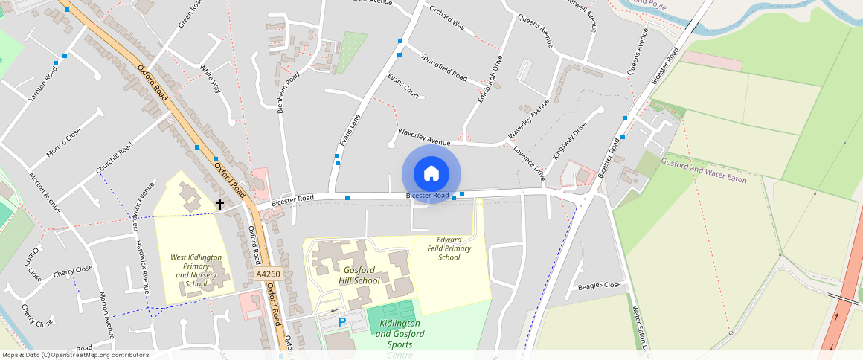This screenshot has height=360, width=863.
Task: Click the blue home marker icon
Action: click(x=431, y=174)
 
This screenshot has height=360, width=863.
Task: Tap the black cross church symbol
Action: click(x=220, y=203)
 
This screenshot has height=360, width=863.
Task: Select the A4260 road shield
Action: click(x=268, y=274)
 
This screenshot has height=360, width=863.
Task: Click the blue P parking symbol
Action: click(x=342, y=322)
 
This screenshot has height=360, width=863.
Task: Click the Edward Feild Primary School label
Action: click(x=449, y=248)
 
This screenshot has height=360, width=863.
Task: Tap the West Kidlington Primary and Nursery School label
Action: click(x=196, y=271)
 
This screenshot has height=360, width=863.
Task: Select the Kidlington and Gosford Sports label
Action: click(x=400, y=329)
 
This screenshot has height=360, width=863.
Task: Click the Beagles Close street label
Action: click(x=600, y=286)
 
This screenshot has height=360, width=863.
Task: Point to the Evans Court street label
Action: click(x=402, y=86)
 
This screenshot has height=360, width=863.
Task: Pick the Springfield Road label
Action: click(x=443, y=68)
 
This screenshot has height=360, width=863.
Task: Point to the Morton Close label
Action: click(x=63, y=142)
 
